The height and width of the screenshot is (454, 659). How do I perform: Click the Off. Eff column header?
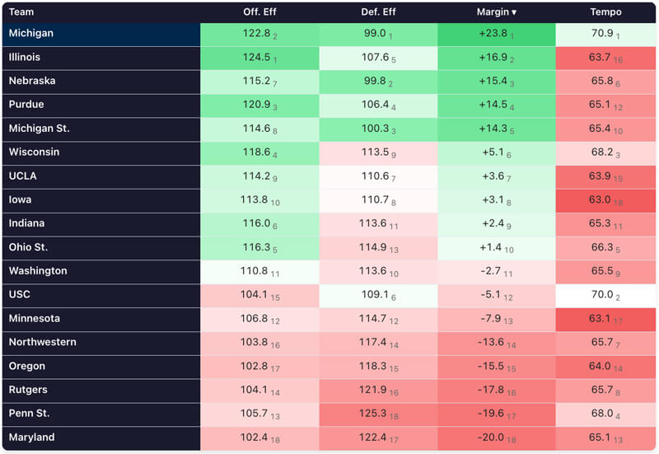pyautogui.click(x=259, y=12)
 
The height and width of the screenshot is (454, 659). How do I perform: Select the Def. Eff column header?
pyautogui.click(x=378, y=12)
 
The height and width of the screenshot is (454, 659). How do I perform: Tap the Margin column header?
pyautogui.click(x=497, y=12)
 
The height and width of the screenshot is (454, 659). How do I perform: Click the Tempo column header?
pyautogui.click(x=605, y=12)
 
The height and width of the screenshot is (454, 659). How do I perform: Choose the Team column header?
pyautogui.click(x=21, y=12)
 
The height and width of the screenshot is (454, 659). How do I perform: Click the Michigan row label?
pyautogui.click(x=30, y=34)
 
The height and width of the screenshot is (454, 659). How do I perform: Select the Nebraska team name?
pyautogui.click(x=31, y=81)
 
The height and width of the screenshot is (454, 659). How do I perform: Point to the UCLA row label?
pyautogui.click(x=23, y=176)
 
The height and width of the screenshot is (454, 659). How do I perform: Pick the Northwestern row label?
pyautogui.click(x=43, y=342)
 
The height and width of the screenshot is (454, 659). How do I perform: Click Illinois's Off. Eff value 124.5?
pyautogui.click(x=256, y=58)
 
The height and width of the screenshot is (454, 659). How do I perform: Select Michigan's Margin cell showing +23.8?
pyautogui.click(x=493, y=34)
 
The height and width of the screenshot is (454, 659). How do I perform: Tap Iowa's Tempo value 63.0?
pyautogui.click(x=600, y=199)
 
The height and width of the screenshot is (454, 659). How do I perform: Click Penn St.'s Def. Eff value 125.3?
pyautogui.click(x=375, y=414)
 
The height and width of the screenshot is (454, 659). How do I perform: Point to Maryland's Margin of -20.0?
pyautogui.click(x=493, y=438)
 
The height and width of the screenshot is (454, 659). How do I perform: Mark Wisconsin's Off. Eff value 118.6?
pyautogui.click(x=256, y=152)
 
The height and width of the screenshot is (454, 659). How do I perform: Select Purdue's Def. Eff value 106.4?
pyautogui.click(x=375, y=105)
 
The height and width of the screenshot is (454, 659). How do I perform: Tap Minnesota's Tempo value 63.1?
pyautogui.click(x=600, y=318)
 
